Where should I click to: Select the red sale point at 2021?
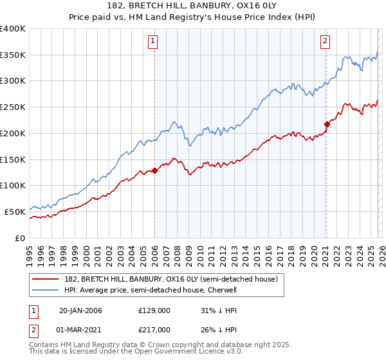click(x=326, y=124)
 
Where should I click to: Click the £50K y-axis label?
click(x=15, y=212)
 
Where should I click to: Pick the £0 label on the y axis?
click(x=20, y=238)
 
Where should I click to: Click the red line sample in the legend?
click(x=46, y=280)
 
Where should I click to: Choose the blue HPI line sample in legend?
click(x=46, y=291)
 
